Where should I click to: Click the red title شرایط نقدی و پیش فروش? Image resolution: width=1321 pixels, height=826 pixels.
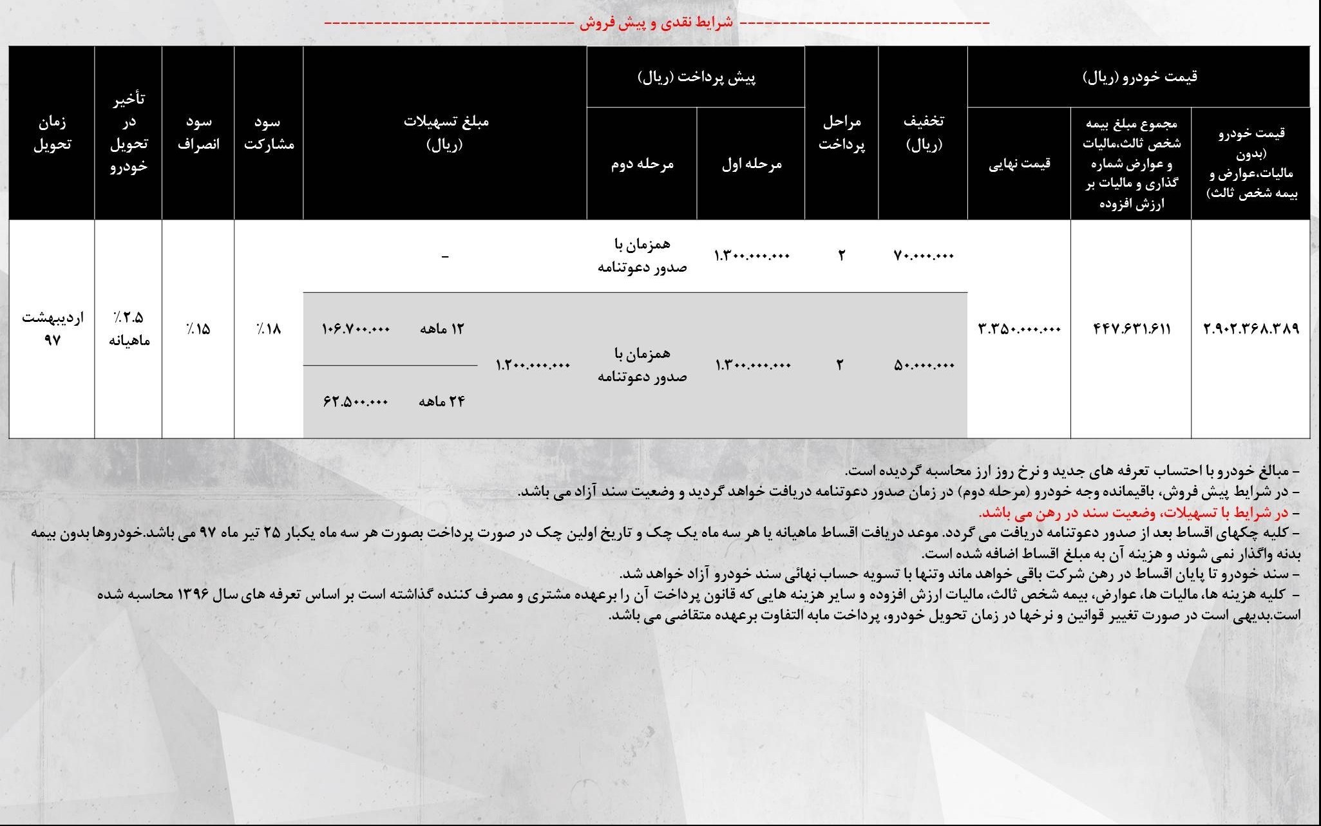coord(656,23)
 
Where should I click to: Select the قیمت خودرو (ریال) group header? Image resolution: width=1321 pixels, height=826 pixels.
coord(1138,77)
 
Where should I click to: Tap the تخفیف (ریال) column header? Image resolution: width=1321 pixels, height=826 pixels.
coord(924,133)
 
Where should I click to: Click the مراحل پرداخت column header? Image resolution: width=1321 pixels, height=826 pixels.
coord(841,133)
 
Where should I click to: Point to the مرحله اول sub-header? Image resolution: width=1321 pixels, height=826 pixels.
coord(751,164)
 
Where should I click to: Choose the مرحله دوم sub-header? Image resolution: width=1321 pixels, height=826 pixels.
coord(641,164)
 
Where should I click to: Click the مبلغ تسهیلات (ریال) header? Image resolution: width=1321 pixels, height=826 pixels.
coord(445,133)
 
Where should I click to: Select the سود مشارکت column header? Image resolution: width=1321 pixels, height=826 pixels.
coord(269,133)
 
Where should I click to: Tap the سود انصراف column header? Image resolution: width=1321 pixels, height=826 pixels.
coord(198,133)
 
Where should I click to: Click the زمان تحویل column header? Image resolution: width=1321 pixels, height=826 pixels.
coord(52,133)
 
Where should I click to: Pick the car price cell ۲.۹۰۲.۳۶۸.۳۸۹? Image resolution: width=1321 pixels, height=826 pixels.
coord(1251,329)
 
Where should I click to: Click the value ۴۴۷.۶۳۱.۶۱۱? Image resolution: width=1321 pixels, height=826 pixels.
coord(1132,329)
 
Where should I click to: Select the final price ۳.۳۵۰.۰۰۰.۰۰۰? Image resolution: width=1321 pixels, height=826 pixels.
coord(1019,329)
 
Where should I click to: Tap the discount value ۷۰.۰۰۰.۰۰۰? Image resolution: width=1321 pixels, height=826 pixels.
coord(924,256)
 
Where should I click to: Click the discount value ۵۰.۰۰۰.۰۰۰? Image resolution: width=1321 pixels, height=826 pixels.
coord(924,366)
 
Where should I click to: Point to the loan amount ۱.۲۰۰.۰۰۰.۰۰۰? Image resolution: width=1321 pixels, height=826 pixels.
coord(533,366)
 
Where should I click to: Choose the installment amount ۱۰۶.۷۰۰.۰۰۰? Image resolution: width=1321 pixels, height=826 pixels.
coord(356,329)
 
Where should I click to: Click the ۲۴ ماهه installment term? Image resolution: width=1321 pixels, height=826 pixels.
coord(441,402)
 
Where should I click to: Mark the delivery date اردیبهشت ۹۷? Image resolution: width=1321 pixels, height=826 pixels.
coord(52,328)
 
